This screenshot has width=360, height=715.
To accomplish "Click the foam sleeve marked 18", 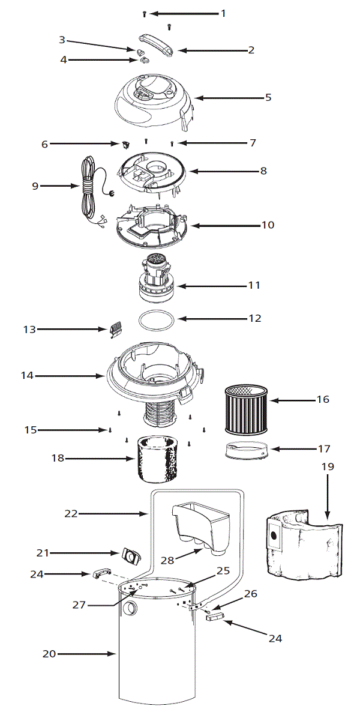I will (157, 459).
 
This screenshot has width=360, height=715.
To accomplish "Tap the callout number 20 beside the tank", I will (49, 654).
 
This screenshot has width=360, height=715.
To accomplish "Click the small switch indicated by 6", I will (125, 143).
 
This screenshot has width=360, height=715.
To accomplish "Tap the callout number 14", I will (26, 376).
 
